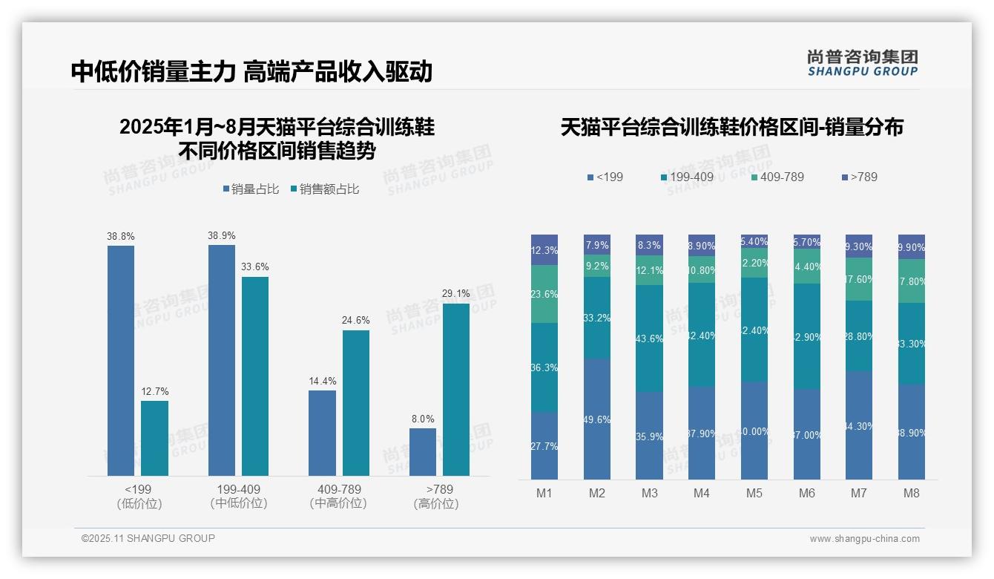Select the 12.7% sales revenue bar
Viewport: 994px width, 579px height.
coord(154,438)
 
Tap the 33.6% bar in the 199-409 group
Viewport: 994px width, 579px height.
coord(255,376)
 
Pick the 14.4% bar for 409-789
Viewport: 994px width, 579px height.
coord(322,433)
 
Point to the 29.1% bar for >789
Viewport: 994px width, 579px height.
coord(456,389)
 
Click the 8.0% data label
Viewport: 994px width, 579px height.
coord(423,419)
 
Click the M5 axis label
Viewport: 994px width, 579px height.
coord(754,493)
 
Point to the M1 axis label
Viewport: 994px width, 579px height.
coord(544,493)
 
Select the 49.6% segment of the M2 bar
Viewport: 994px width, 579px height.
coord(597,419)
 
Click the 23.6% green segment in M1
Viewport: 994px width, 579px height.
coord(544,294)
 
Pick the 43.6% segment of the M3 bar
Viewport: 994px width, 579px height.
coord(650,338)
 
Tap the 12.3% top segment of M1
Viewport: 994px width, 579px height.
coord(544,250)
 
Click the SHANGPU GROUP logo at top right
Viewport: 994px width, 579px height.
coord(862,63)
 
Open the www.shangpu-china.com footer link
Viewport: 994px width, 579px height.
coord(864,539)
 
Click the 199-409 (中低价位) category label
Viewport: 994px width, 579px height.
coord(239,496)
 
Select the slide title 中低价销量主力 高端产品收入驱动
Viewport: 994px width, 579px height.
coord(251,71)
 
